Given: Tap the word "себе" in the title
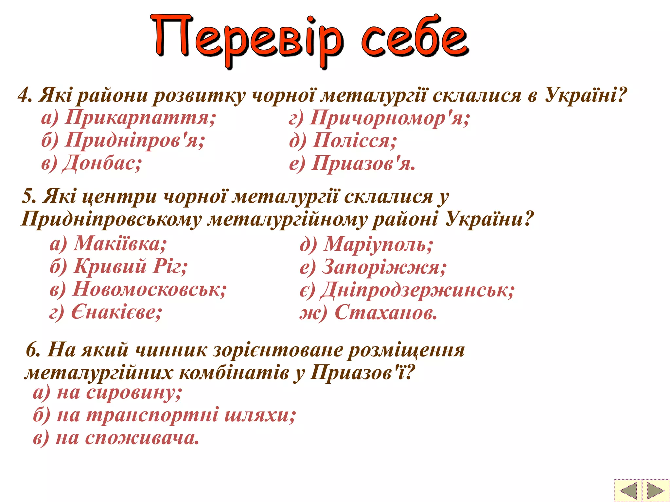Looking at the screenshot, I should tap(415, 38).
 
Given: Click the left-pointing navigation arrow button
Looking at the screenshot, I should tap(627, 490).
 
